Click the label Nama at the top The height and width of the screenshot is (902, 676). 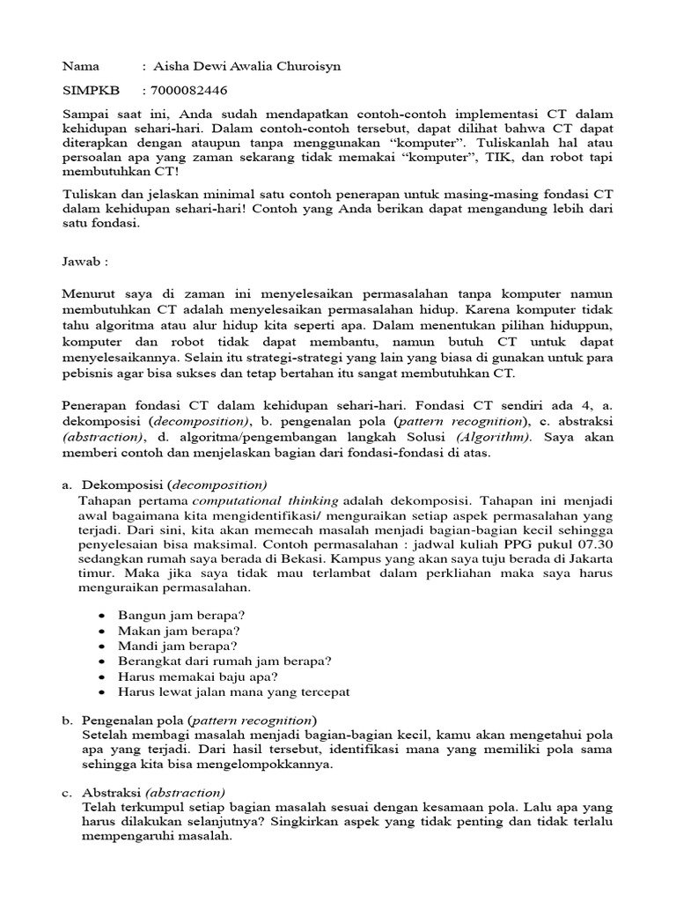tap(80, 66)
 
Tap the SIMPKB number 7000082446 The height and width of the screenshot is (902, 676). tap(189, 91)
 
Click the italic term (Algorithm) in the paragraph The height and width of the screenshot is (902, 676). tap(500, 437)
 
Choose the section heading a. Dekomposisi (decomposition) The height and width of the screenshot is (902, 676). tap(173, 484)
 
